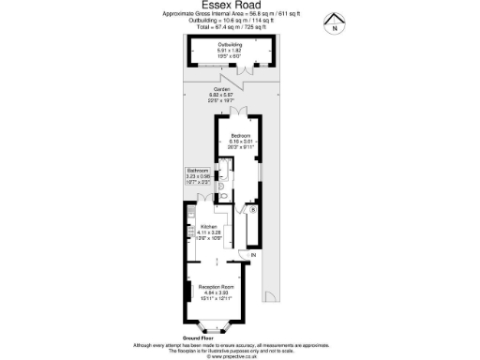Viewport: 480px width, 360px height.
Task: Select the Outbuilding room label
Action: (x=230, y=45)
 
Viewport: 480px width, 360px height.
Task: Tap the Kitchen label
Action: (x=210, y=226)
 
